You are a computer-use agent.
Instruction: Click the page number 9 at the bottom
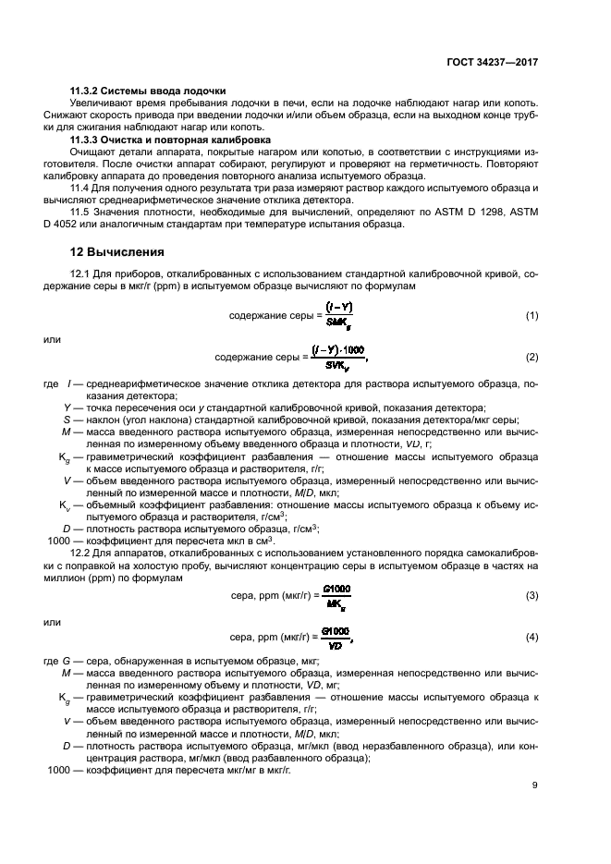pos(534,785)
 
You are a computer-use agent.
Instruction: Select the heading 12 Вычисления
pos(117,250)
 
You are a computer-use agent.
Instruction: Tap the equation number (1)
pos(532,317)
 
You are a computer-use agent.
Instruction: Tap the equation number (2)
pos(532,357)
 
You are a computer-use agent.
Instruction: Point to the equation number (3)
pos(532,596)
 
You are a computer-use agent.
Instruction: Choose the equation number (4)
pos(532,638)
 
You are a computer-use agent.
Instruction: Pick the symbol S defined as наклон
pos(67,420)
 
